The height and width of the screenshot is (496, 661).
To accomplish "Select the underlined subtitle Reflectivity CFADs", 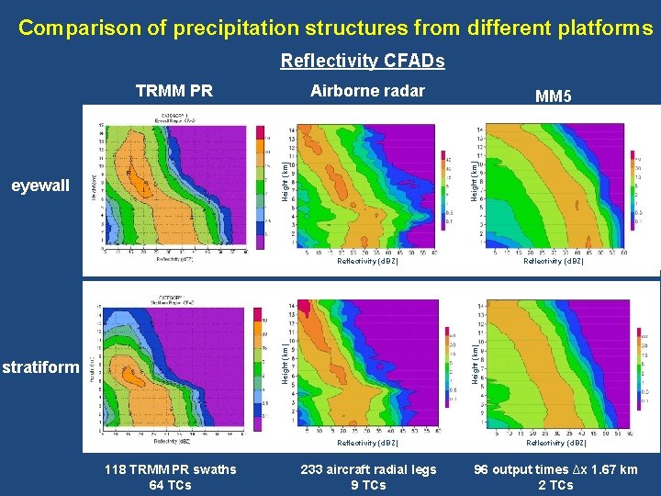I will pos(362,61).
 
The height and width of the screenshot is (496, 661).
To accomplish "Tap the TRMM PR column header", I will pos(174,91).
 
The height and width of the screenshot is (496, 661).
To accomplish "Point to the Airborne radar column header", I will pos(367,90).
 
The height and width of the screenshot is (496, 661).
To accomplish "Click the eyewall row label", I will pos(39,186).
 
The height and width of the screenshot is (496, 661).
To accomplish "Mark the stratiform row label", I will pos(40,368).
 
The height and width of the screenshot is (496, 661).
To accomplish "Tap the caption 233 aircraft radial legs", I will pos(368,469).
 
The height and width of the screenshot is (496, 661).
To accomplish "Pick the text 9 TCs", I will pos(368,485).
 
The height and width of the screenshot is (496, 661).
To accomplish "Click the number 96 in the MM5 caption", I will pos(481,469).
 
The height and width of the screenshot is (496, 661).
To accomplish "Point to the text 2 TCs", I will pos(555,485).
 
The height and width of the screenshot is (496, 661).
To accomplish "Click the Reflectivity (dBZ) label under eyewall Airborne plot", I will pos(367,262).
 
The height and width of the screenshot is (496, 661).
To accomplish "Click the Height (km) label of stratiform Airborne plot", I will pos(286,364).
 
